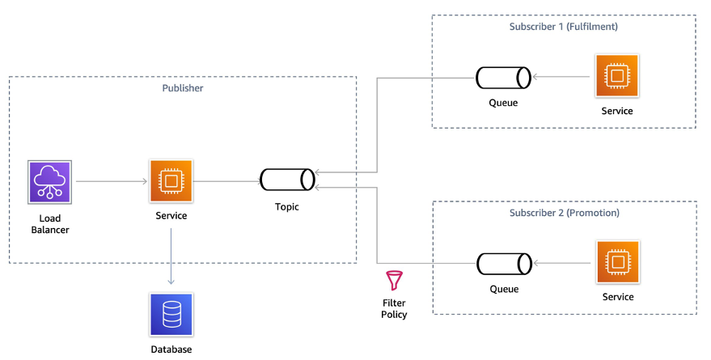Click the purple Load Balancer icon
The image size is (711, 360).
click(49, 181)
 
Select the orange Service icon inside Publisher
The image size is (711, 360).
click(171, 181)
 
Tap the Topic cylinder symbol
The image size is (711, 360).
click(287, 180)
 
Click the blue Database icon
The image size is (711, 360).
click(171, 315)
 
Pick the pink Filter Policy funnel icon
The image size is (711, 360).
click(394, 281)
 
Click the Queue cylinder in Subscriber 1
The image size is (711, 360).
click(502, 78)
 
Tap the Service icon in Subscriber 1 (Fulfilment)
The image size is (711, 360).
click(616, 77)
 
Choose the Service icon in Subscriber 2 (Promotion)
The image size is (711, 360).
click(617, 263)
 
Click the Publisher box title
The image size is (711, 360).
click(183, 88)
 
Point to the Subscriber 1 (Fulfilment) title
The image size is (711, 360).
click(563, 27)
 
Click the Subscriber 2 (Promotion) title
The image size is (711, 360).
click(565, 213)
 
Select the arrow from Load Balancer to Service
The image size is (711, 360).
click(110, 181)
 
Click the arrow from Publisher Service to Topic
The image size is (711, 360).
click(226, 181)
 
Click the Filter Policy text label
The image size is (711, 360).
click(394, 308)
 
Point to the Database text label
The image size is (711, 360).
click(171, 349)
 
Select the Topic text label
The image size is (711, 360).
click(286, 207)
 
